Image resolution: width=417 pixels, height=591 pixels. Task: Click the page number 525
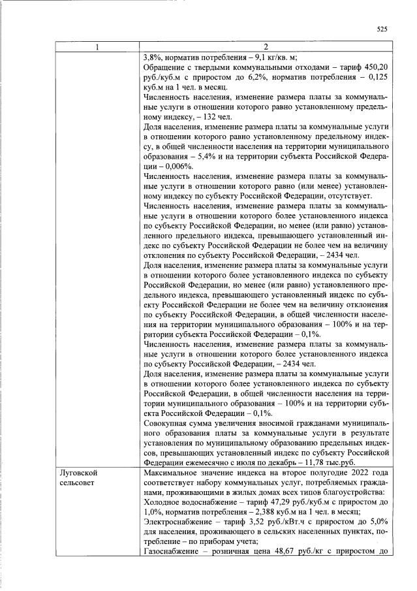coord(382,29)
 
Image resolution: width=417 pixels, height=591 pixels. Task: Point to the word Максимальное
coord(173,471)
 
